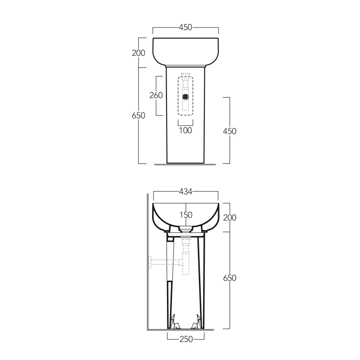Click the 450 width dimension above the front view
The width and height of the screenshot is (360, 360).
tap(185, 27)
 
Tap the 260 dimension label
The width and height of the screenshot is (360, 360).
tap(156, 95)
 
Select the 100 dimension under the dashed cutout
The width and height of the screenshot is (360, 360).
tap(185, 130)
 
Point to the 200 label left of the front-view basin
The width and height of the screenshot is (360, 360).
tap(139, 53)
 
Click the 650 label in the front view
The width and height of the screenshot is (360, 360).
tap(139, 116)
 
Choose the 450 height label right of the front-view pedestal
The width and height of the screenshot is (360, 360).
tap(229, 131)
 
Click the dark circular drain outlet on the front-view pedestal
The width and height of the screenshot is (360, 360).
tap(185, 97)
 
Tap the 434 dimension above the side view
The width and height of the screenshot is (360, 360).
tap(185, 192)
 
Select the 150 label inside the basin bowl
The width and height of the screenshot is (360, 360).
tap(186, 215)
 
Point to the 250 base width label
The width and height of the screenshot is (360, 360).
tap(186, 339)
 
